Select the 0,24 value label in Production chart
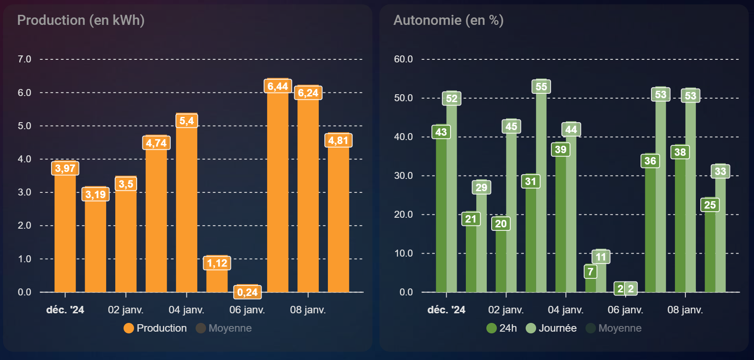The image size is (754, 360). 248,292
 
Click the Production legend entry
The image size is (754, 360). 155,328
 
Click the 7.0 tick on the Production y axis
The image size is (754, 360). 24,59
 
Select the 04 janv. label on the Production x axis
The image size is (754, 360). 186,310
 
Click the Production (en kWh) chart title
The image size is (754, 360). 81,20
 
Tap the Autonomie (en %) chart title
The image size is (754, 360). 448,20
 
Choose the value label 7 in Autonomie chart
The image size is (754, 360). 590,272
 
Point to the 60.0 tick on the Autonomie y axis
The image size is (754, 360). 403,59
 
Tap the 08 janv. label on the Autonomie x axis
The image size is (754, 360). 685,310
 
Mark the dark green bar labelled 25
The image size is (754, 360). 710,253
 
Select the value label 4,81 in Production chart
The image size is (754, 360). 338,141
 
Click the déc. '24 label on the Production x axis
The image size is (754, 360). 65,310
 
